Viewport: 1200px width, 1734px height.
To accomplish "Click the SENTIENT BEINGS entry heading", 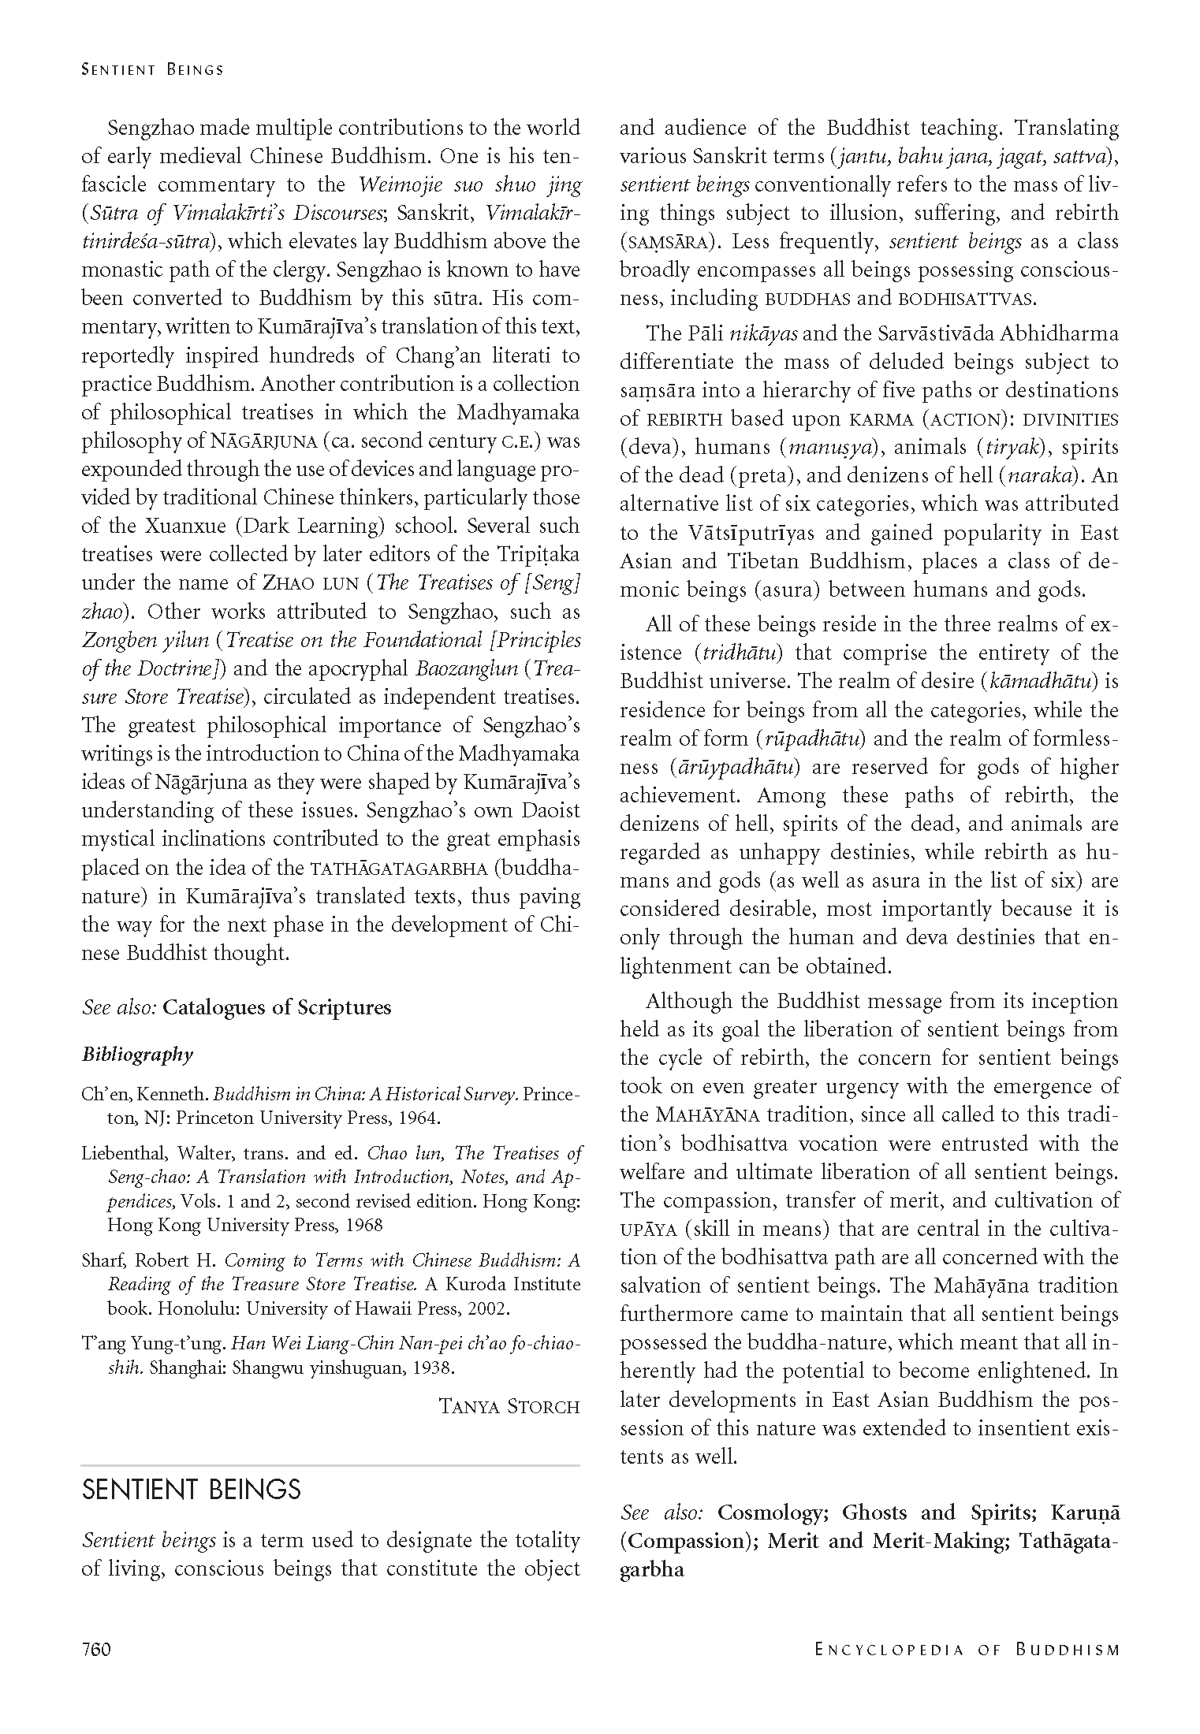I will coord(192,1490).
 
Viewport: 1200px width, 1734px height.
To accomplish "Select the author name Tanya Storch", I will coord(509,1407).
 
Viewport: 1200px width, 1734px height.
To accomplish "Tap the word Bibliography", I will coord(137,1055).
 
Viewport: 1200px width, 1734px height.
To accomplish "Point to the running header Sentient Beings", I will coord(153,69).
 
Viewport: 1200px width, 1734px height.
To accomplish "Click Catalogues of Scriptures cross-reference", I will coord(277,1007).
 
